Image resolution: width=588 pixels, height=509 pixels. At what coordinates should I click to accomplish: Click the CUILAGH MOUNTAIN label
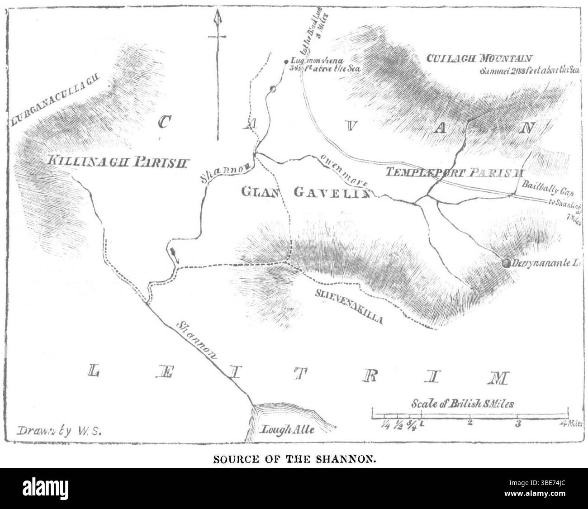479,58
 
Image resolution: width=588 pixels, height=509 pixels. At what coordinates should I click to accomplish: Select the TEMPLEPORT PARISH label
454,172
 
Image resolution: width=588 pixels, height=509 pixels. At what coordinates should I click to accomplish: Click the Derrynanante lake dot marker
506,262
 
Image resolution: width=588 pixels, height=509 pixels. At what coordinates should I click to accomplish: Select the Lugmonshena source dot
286,62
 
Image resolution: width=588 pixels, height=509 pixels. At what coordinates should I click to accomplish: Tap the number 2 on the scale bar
470,423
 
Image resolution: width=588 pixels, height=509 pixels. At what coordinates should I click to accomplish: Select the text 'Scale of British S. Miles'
462,404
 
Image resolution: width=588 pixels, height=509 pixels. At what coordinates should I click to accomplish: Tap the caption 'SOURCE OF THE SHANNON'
294,460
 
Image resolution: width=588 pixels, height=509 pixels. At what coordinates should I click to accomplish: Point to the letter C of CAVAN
166,122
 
